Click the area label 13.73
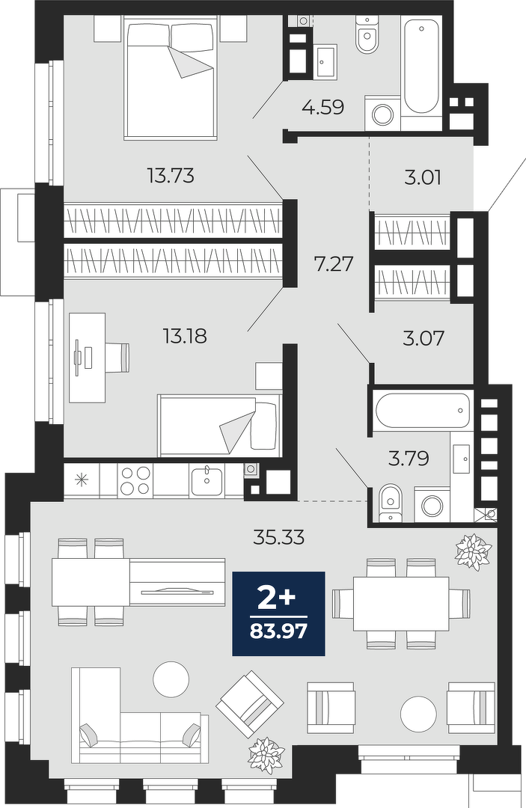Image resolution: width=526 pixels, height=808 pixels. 171,177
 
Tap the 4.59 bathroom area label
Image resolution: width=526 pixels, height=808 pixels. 323,107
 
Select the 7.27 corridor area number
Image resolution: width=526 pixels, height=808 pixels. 334,264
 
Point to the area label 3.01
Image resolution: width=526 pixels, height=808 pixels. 423,178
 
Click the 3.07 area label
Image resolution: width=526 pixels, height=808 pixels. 423,339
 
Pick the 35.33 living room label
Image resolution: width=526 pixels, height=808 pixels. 279,537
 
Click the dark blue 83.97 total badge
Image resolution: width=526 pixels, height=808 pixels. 279,613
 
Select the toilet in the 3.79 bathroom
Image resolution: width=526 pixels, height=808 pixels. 390,503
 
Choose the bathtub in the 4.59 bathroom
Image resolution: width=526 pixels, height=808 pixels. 421,65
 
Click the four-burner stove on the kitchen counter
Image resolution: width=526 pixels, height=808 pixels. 135,480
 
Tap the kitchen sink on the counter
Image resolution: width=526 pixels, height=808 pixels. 207,480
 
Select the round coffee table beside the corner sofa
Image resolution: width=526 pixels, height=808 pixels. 171,679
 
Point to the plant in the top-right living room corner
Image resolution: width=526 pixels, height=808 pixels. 471,552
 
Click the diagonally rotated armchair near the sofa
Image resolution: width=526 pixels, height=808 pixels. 250,704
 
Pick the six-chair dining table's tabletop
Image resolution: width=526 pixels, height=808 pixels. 401,603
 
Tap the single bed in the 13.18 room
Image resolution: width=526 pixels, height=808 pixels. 219,425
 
